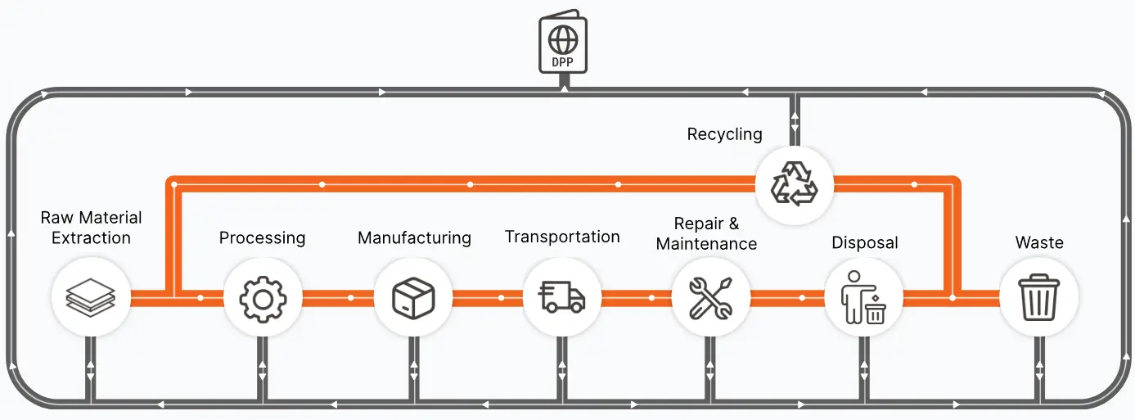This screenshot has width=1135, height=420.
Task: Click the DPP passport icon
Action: [563, 42]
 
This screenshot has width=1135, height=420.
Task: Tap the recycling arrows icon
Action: [794, 184]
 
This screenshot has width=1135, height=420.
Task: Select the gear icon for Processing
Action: [263, 300]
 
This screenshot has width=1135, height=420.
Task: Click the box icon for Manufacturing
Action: [413, 298]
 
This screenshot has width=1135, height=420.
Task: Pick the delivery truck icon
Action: [562, 296]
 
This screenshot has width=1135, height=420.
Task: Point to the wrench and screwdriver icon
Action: [710, 298]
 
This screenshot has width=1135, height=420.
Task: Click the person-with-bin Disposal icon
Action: [863, 297]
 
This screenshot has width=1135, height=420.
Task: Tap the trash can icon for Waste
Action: [1038, 297]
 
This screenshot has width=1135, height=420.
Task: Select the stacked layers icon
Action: [91, 298]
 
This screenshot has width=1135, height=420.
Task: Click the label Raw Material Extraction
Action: [91, 228]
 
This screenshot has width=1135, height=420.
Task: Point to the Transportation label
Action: [562, 237]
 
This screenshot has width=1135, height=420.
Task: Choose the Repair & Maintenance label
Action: [706, 234]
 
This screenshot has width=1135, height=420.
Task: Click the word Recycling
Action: [724, 134]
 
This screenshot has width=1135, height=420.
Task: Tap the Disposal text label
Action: [864, 243]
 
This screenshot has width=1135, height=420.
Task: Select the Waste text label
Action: [1039, 242]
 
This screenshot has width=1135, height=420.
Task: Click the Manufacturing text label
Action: [415, 238]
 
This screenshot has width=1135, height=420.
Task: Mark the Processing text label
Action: [262, 238]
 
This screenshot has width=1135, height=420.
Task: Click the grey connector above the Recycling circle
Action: [795, 120]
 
